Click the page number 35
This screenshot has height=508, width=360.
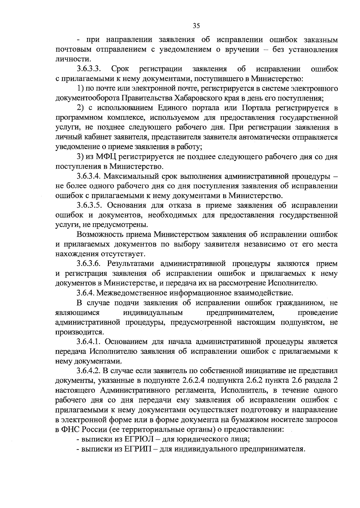196,26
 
